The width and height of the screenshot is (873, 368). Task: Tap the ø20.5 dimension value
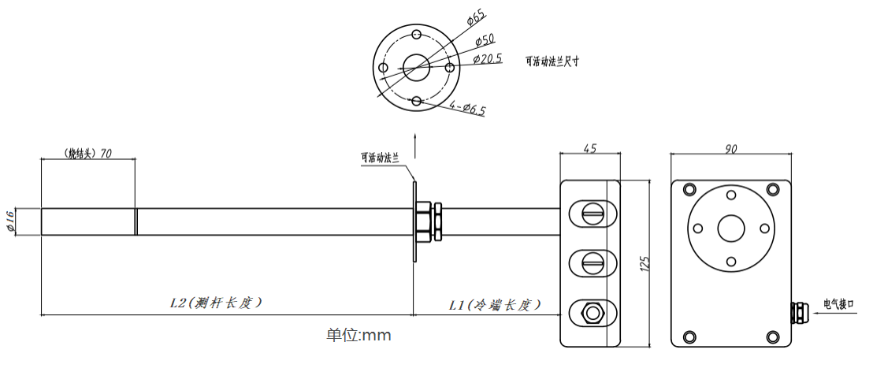488,58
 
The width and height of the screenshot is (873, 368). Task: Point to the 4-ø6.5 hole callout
467,107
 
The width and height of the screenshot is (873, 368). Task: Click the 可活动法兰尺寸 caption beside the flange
552,61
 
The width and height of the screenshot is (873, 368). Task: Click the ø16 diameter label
11,221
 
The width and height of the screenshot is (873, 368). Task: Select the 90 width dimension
730,148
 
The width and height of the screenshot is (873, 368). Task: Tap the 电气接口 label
838,303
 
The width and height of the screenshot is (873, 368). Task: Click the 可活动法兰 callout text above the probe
381,158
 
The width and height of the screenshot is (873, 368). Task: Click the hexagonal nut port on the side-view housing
591,313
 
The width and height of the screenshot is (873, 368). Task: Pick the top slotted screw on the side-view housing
591,211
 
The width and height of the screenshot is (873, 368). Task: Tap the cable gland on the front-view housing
796,311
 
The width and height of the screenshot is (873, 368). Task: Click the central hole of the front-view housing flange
730,228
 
